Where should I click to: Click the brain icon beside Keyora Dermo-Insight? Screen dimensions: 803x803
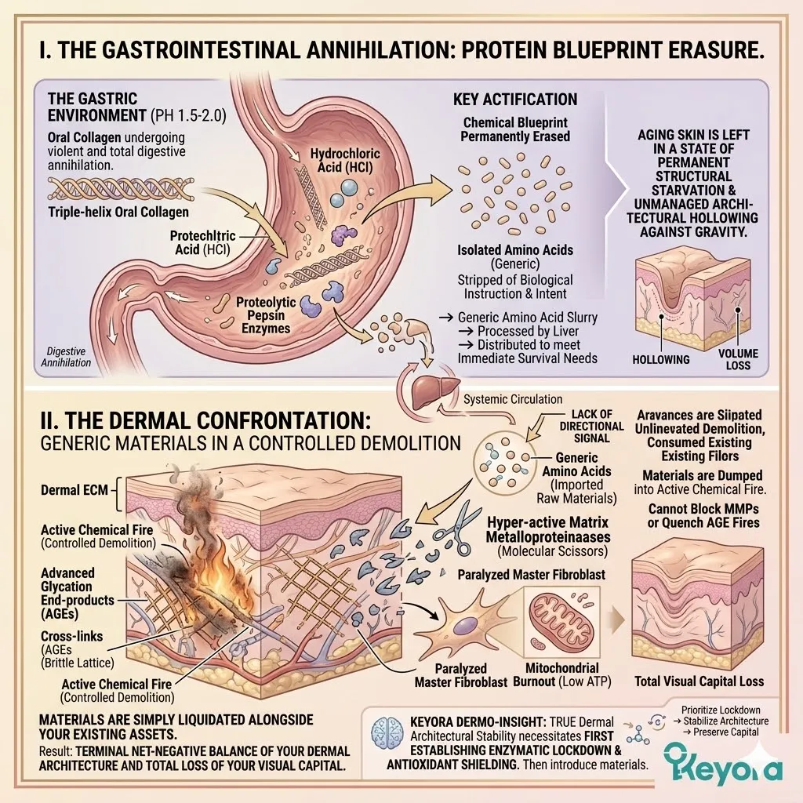[x=390, y=729]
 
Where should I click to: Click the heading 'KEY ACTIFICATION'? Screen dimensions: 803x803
[x=514, y=100]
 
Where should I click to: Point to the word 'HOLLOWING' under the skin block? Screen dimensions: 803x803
[x=660, y=358]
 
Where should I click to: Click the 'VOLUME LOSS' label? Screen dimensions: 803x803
[x=739, y=358]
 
